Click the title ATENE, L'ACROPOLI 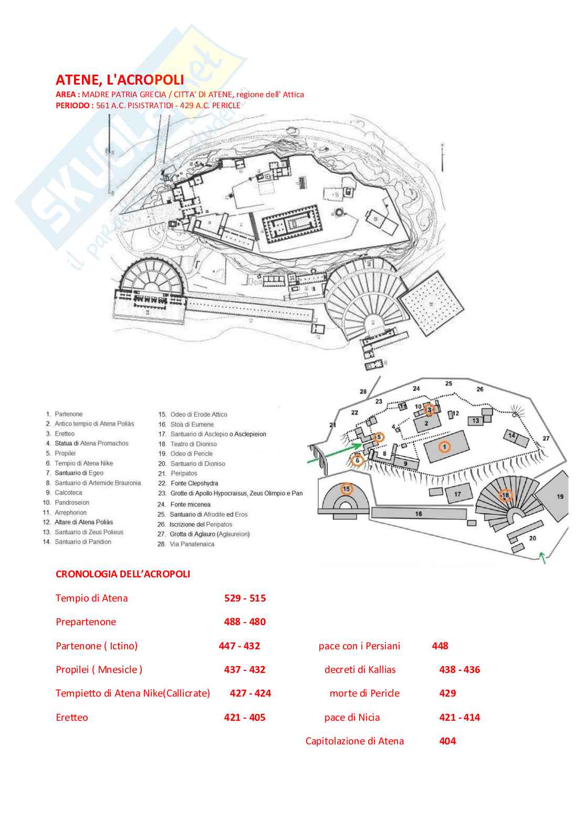120,80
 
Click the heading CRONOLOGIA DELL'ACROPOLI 123,574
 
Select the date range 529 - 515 245,598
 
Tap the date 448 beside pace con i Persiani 440,646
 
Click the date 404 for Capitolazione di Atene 447,741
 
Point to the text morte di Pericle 364,693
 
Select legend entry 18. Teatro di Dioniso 188,444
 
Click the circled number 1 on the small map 444,447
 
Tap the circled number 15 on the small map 346,489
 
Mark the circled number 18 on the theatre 505,495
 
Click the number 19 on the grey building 560,496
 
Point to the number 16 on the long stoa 418,514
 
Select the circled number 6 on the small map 357,461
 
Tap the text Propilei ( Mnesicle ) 99,669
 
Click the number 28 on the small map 363,391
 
